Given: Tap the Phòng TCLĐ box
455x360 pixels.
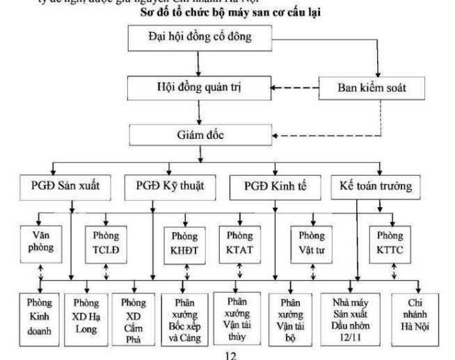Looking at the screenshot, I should click(x=106, y=240).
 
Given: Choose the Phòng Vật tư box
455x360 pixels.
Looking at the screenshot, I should click(x=312, y=240).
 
